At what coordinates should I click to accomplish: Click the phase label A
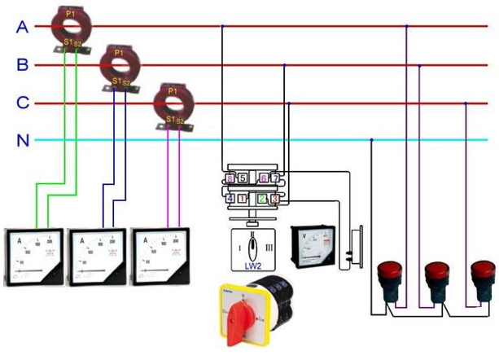(23, 27)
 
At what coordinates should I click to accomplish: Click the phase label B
(23, 64)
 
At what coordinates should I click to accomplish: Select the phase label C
(23, 103)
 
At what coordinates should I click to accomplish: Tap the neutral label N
(23, 140)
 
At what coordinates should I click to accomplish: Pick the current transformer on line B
(119, 64)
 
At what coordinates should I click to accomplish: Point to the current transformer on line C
(173, 102)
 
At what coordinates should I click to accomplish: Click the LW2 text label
(254, 265)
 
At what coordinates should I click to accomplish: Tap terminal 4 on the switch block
(230, 198)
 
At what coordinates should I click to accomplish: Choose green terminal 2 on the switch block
(262, 198)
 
